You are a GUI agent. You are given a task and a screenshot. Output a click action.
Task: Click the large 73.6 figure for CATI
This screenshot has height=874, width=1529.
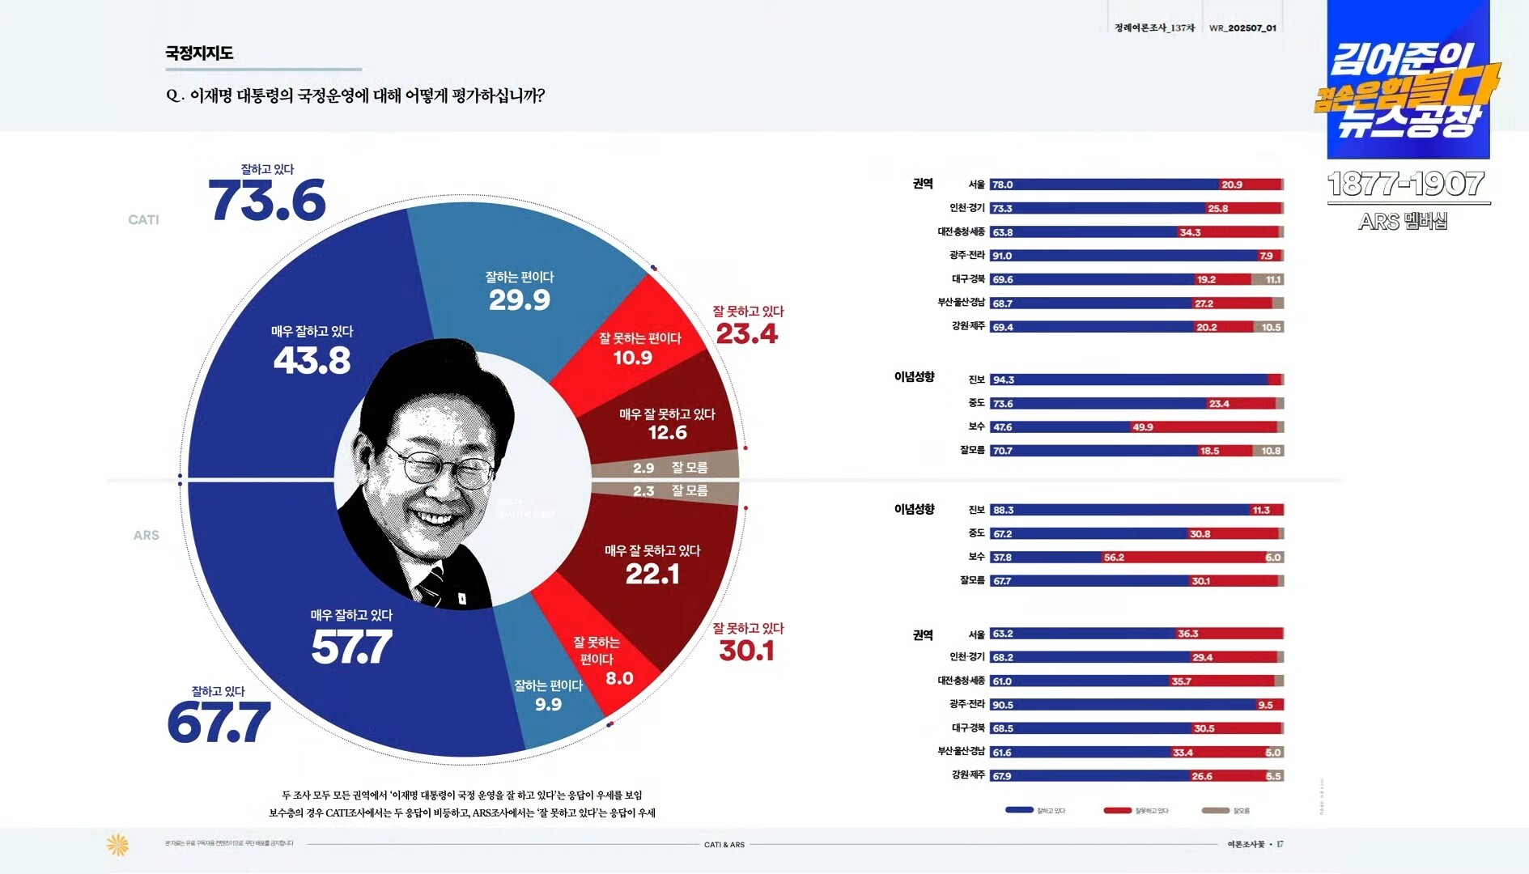pyautogui.click(x=267, y=201)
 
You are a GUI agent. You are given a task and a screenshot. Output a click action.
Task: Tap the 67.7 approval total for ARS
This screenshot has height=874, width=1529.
pyautogui.click(x=219, y=723)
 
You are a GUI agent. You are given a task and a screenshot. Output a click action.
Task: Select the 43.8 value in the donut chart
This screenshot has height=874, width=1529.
pyautogui.click(x=312, y=361)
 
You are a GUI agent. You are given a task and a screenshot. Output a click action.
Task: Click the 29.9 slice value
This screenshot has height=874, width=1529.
pyautogui.click(x=519, y=300)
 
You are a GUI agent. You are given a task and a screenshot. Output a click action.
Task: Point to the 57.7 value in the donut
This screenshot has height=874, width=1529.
pyautogui.click(x=351, y=647)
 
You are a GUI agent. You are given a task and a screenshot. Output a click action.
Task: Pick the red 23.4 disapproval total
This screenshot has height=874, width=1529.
pyautogui.click(x=746, y=333)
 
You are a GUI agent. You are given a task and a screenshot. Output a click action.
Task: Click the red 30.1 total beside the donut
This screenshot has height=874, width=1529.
pyautogui.click(x=746, y=651)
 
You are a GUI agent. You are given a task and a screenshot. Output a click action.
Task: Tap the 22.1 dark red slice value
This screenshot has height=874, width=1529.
pyautogui.click(x=652, y=575)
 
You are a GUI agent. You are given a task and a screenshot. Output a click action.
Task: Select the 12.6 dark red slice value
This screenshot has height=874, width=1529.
pyautogui.click(x=667, y=433)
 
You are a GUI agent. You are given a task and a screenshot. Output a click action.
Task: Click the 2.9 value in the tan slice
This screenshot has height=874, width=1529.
pyautogui.click(x=643, y=468)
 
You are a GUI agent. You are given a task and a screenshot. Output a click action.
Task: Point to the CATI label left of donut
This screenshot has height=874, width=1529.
pyautogui.click(x=143, y=220)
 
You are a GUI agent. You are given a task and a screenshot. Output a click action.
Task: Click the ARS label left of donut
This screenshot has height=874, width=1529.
pyautogui.click(x=146, y=536)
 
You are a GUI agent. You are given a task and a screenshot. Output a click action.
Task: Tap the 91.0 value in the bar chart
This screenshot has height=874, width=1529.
pyautogui.click(x=1002, y=256)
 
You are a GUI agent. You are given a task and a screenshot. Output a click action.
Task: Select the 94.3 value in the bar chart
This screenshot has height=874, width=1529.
pyautogui.click(x=1003, y=380)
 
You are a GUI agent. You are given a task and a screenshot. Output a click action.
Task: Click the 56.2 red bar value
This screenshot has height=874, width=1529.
pyautogui.click(x=1114, y=558)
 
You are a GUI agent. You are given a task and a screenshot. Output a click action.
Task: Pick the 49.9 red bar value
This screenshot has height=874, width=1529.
pyautogui.click(x=1143, y=427)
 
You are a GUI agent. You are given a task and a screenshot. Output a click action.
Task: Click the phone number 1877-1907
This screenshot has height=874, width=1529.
pyautogui.click(x=1406, y=185)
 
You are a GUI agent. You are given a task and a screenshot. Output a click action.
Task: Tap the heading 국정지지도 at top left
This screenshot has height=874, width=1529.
pyautogui.click(x=199, y=53)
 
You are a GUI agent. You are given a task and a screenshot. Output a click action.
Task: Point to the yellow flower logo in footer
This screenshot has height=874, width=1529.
pyautogui.click(x=117, y=845)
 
